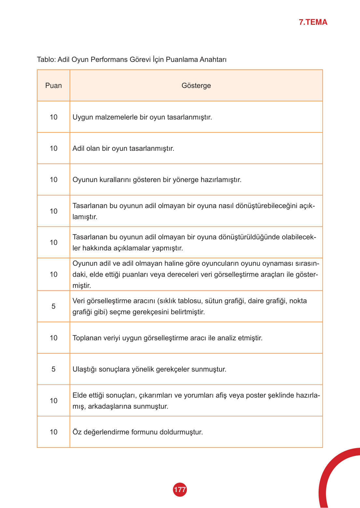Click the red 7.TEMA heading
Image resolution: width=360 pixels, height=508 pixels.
click(313, 22)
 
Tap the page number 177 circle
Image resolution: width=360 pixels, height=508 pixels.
click(180, 489)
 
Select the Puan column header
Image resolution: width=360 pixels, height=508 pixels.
click(53, 86)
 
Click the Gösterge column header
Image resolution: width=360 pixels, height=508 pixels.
click(196, 86)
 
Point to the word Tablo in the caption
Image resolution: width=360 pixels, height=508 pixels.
click(46, 60)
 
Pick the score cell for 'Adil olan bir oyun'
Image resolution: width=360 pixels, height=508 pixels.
click(53, 148)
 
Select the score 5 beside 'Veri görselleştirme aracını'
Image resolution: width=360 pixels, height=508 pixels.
click(53, 306)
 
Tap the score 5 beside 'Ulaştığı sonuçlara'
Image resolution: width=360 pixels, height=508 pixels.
click(53, 369)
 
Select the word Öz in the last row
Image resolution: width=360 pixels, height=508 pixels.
click(77, 432)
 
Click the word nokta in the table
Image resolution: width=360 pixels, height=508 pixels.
click(298, 301)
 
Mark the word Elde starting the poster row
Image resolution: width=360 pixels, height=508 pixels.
click(79, 395)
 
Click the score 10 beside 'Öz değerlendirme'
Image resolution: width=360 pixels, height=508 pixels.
click(53, 432)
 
